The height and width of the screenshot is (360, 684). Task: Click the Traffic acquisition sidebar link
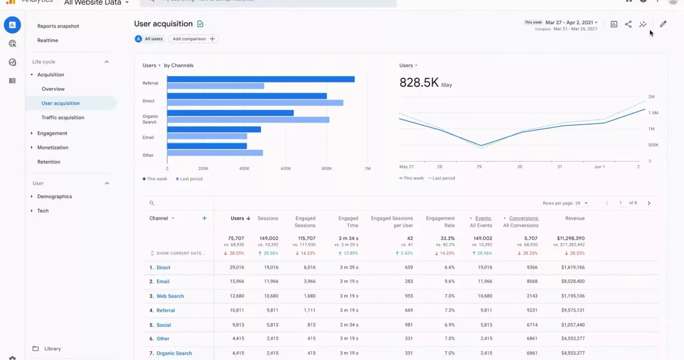point(63,117)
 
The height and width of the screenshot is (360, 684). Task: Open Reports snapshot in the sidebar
point(58,26)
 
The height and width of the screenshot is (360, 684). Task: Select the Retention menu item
point(49,162)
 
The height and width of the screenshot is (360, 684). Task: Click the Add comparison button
point(193,39)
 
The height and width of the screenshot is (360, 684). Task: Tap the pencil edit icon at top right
point(663,24)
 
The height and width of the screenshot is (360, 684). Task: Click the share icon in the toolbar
point(628,24)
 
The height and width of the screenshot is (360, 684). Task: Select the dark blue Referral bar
point(261,79)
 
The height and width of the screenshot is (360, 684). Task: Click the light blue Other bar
point(215,153)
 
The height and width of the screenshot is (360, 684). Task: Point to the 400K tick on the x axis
point(244,169)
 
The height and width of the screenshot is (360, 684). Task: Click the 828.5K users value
point(418,82)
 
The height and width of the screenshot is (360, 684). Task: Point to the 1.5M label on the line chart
point(653,113)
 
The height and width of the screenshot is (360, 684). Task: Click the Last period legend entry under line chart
point(443,178)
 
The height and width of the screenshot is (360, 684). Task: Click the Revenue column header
point(575,218)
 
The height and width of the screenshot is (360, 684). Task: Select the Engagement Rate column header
point(440,222)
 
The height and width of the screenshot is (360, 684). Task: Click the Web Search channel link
point(170,296)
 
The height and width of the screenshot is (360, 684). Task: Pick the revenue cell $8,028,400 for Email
point(572,281)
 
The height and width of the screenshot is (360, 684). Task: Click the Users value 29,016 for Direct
point(237,267)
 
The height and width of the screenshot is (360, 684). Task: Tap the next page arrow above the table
point(648,203)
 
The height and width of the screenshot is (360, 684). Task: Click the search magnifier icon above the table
point(152,203)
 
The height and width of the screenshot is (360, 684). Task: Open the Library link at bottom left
point(52,349)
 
